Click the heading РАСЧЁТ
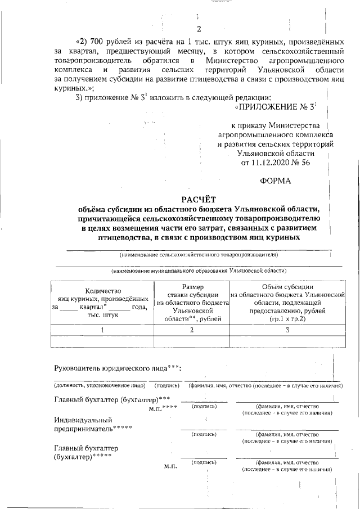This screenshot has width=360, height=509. [x=198, y=199]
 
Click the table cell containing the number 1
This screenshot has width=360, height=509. [x=102, y=330]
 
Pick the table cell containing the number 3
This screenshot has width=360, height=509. [x=287, y=330]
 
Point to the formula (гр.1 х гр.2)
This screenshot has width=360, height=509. [x=287, y=318]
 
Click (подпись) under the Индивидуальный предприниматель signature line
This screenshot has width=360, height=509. [x=204, y=434]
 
